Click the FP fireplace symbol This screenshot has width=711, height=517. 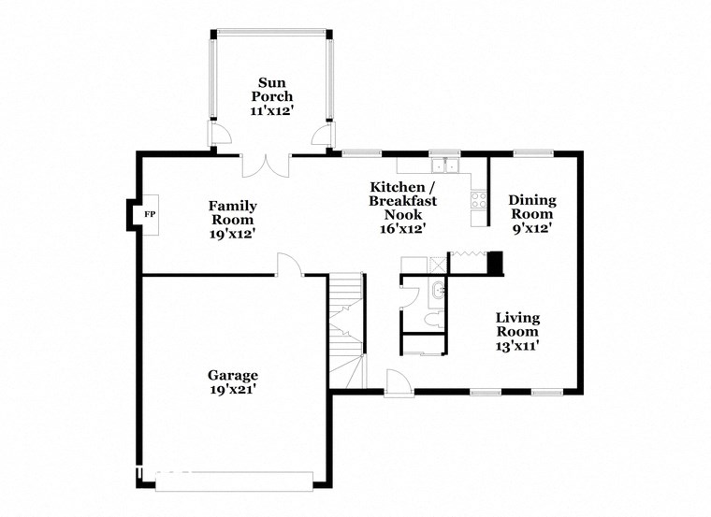click(x=148, y=215)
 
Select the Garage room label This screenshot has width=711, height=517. click(x=233, y=376)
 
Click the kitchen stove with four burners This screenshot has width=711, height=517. click(x=478, y=199)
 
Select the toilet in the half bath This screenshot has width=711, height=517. click(x=429, y=319)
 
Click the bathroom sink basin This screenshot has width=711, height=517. click(x=440, y=290)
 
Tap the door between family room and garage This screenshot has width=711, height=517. click(x=290, y=266)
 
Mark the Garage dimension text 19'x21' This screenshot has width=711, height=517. click(x=233, y=391)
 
